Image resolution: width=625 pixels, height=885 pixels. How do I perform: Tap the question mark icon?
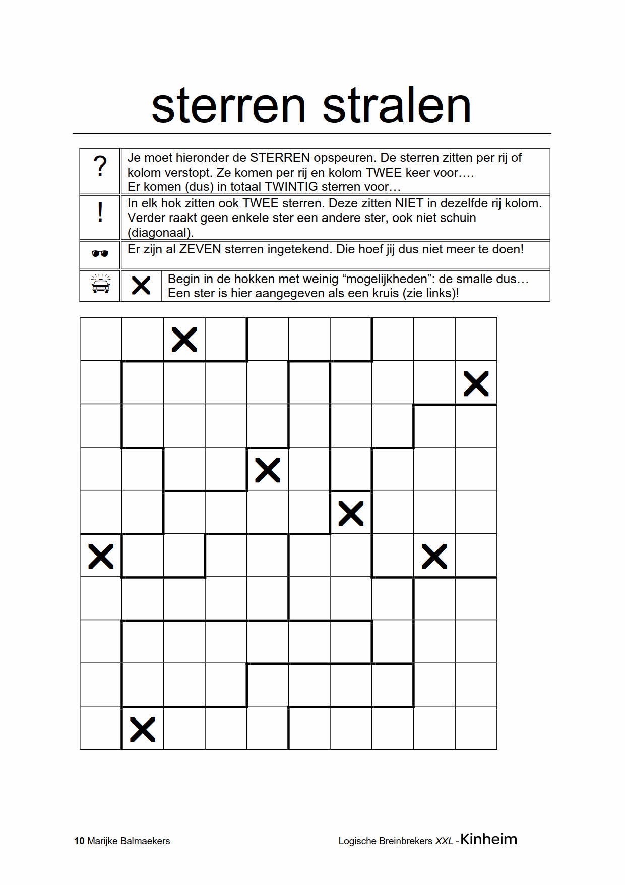point(100,166)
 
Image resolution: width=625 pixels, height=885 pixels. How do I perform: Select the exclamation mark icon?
point(100,212)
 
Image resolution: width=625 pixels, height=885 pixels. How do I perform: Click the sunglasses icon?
point(100,253)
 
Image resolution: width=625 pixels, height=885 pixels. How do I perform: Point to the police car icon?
point(100,285)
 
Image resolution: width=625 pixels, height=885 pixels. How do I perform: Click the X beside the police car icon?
point(141,286)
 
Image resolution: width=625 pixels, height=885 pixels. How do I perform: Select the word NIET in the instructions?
point(409,203)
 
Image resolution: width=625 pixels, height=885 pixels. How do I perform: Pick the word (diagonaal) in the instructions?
point(160,233)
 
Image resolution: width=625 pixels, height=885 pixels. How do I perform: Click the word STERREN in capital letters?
point(280,158)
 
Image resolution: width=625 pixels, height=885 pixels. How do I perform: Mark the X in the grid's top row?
point(184,339)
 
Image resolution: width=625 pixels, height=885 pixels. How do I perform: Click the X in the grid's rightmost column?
point(476,384)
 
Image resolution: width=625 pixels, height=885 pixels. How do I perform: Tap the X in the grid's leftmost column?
point(101,556)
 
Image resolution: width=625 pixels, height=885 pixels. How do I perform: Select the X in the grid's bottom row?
point(143,729)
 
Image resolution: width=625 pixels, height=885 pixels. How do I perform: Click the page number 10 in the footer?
point(79,841)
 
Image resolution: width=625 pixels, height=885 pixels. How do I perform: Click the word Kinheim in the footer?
point(488,839)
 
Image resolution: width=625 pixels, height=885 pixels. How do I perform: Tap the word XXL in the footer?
point(444,841)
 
